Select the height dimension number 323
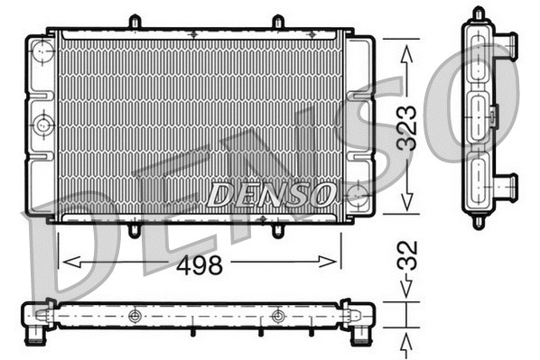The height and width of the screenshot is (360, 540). pos(407,128)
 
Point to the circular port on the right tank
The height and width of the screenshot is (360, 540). pos(358,192)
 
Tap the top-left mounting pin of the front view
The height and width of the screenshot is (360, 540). pos(134,21)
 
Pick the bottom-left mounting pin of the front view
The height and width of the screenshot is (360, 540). pos(134,231)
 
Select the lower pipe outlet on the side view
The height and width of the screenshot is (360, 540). pos(508,187)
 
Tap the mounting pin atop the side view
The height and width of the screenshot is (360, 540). pos(479,13)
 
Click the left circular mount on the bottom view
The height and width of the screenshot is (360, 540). pos(135,316)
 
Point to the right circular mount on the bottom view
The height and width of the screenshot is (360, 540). pos(277,316)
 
